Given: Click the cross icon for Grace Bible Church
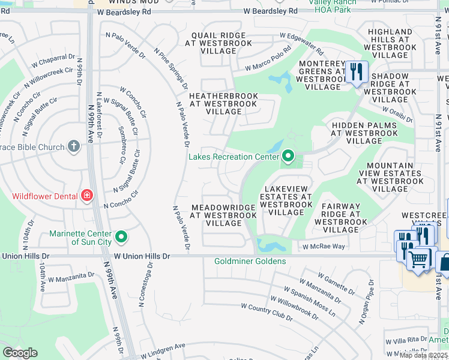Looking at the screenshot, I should tap(73, 146).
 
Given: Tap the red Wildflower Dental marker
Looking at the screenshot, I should tap(87, 195).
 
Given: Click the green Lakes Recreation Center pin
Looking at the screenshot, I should tap(288, 157).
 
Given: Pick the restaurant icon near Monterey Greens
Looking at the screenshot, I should tap(357, 72).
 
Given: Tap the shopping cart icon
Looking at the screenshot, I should tap(418, 259).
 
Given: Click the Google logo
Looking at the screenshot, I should tap(20, 353).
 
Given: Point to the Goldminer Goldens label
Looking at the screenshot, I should tap(251, 261).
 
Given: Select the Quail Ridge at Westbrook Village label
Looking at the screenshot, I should tap(220, 43).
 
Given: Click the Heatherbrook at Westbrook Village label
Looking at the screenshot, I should tap(223, 104).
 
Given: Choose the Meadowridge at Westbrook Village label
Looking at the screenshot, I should tap(224, 215).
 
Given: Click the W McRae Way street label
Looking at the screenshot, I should tap(324, 247).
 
